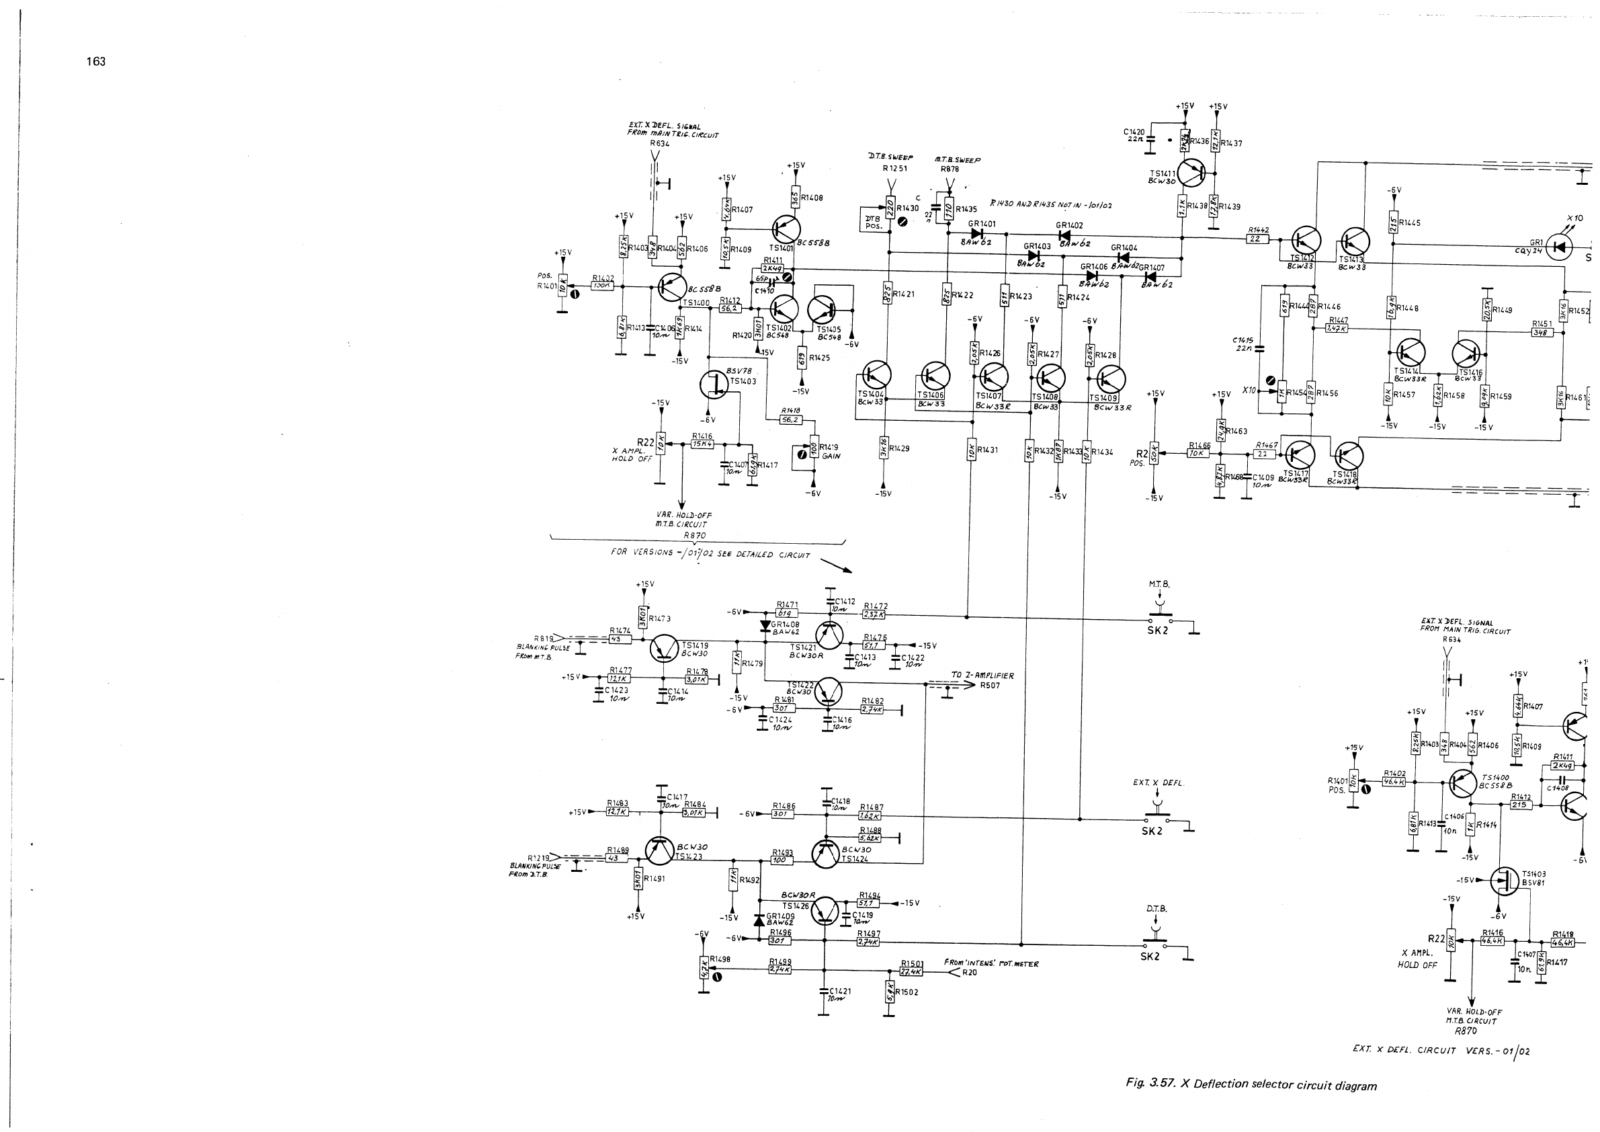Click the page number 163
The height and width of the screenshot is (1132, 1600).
(95, 61)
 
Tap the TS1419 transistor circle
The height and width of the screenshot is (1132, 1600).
(663, 648)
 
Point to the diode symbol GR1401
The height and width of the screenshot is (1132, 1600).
(977, 233)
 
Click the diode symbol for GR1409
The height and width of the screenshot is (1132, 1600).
(759, 920)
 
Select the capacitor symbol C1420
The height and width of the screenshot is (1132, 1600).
(1150, 138)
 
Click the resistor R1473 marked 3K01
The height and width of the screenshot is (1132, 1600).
(642, 617)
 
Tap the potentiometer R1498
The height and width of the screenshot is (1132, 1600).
(704, 967)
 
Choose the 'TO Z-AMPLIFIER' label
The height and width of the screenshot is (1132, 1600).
(982, 676)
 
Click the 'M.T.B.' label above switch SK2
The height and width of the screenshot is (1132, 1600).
(1159, 584)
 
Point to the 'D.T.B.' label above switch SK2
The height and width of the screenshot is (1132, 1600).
(1156, 909)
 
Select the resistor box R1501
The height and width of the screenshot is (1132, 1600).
(911, 971)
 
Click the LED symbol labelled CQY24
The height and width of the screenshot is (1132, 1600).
(1560, 247)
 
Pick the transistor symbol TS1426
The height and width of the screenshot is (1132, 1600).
(826, 909)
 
